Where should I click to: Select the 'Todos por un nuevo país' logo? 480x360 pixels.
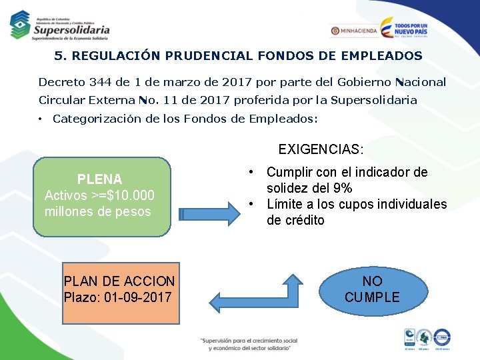[x=403, y=28]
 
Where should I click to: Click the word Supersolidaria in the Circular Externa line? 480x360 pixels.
[x=375, y=100]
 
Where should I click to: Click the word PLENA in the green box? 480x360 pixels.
[x=99, y=179]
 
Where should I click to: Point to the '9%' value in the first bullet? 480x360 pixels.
[x=341, y=188]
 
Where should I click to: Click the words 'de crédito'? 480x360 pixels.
[x=295, y=220]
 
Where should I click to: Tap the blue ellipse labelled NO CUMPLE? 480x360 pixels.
[x=372, y=289]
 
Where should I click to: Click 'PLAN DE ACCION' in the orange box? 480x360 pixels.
[x=119, y=281]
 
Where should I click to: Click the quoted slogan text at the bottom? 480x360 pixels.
[x=248, y=343]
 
